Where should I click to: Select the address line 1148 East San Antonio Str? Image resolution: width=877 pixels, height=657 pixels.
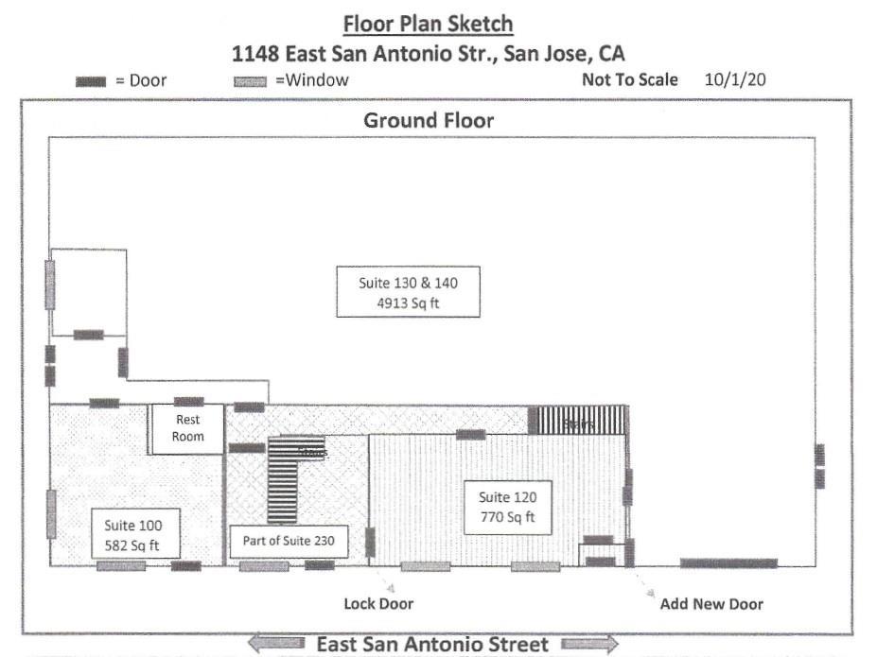pos(429,52)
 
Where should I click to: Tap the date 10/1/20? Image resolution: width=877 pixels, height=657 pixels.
pos(735,79)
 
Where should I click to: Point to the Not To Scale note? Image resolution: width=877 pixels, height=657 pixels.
pos(629,79)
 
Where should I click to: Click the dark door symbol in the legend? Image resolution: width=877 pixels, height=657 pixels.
pos(91,81)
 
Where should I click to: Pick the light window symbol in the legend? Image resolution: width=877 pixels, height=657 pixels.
pos(250,81)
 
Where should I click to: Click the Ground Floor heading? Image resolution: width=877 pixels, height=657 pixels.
pos(429,120)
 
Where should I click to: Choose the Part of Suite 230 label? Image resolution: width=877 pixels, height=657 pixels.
pos(289,542)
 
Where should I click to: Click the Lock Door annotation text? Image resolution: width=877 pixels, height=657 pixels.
pos(378,603)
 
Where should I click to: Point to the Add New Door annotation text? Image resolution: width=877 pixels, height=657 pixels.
pos(711,603)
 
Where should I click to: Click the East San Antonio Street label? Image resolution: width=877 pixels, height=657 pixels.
pos(431,645)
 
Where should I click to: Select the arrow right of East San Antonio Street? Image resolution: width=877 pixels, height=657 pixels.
pos(588,645)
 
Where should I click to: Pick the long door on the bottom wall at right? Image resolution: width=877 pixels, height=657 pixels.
pos(728,563)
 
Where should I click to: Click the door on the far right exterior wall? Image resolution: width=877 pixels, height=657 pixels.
pos(819,466)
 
